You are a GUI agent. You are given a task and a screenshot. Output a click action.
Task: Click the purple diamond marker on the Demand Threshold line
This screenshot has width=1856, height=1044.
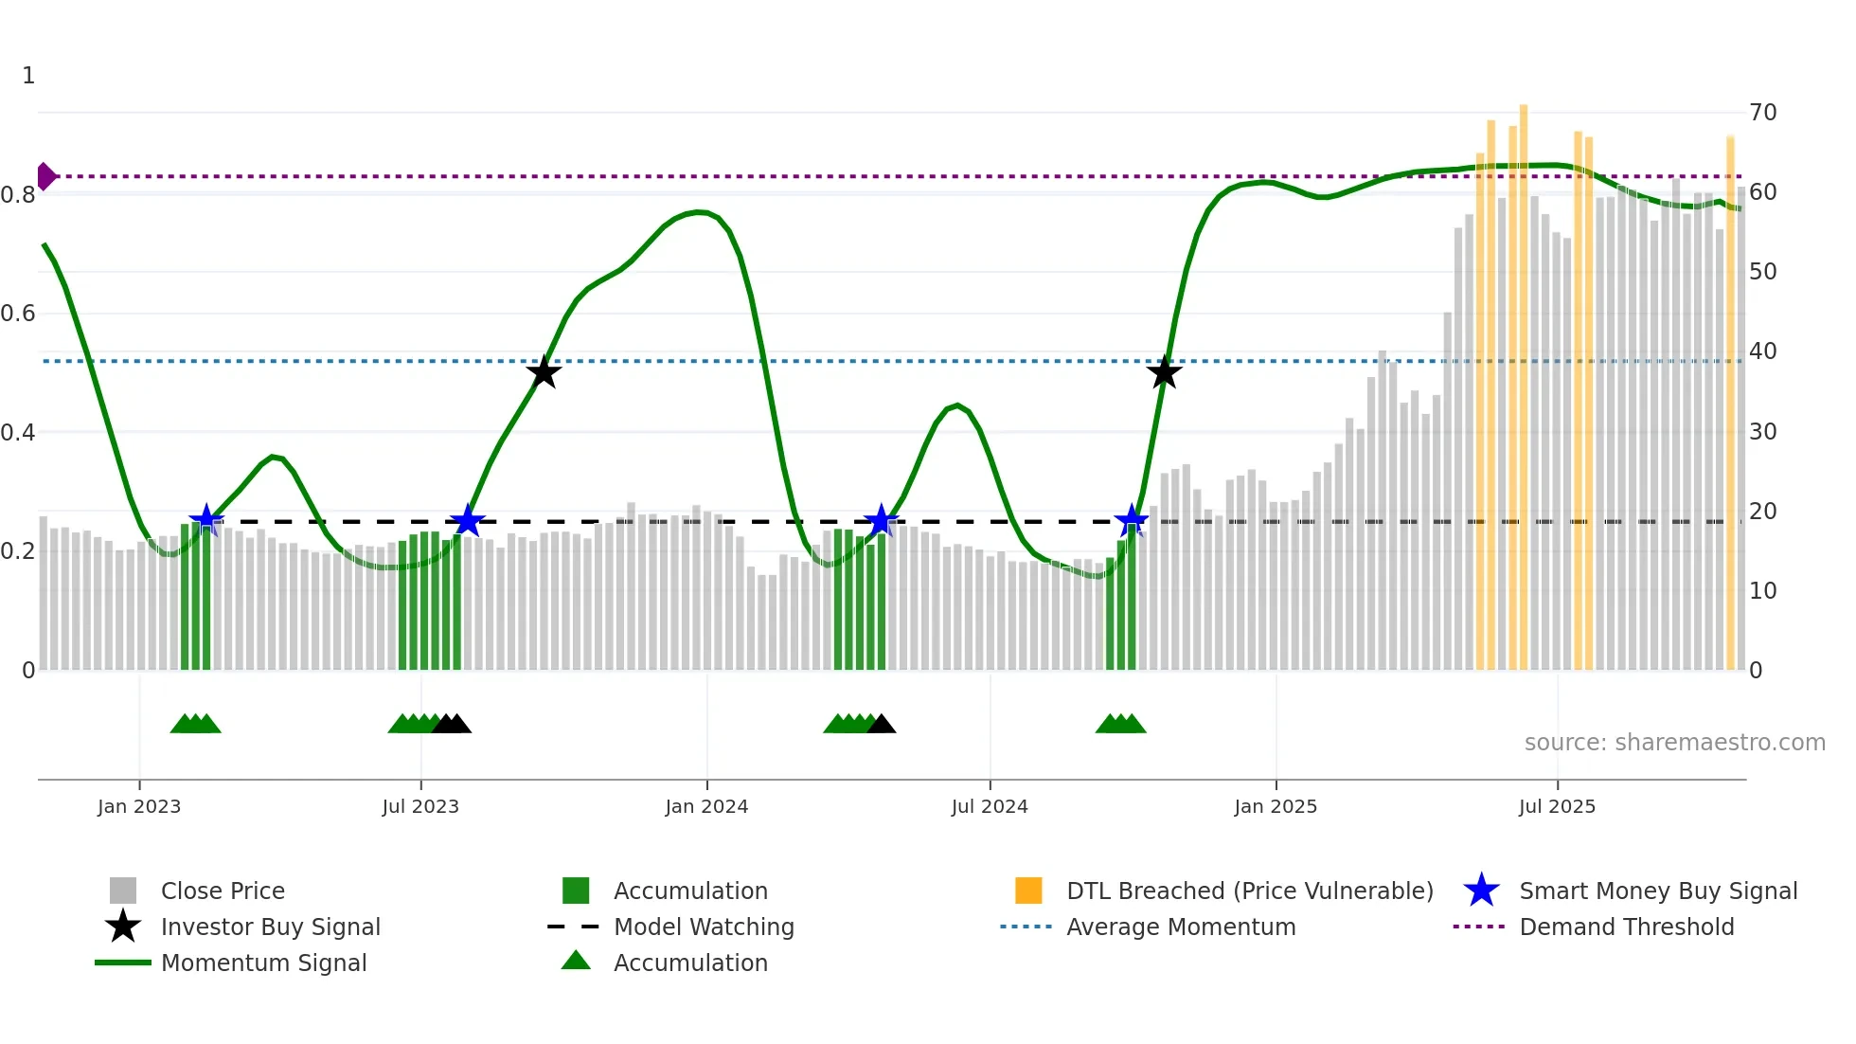(x=45, y=176)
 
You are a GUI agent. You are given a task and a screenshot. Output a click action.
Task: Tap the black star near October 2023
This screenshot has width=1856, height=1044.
(x=544, y=372)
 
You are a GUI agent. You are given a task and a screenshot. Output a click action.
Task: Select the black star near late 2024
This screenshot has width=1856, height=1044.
(x=1165, y=372)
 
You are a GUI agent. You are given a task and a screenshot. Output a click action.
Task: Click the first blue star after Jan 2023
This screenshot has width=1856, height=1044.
(x=206, y=520)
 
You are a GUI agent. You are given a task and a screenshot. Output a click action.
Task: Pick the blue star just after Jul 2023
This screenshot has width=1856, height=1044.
(x=467, y=520)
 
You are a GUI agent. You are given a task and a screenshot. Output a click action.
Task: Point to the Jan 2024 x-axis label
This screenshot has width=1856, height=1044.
(x=706, y=806)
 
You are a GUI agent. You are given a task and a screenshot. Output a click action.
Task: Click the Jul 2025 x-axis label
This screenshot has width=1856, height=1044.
(x=1557, y=806)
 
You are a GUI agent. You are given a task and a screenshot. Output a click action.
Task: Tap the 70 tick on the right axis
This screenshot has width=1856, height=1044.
(x=1762, y=112)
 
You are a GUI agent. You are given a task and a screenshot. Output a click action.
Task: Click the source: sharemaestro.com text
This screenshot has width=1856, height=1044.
(x=1674, y=742)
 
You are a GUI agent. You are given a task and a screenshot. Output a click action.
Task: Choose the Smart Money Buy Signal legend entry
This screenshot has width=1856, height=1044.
(x=1657, y=891)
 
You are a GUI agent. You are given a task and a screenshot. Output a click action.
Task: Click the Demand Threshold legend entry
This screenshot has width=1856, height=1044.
(x=1626, y=927)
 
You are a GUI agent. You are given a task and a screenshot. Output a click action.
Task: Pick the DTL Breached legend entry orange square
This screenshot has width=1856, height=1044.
(x=1028, y=891)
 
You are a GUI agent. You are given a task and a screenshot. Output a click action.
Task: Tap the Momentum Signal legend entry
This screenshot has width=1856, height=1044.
(x=263, y=963)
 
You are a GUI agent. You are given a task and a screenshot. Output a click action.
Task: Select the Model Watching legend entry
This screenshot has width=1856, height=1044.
(x=703, y=927)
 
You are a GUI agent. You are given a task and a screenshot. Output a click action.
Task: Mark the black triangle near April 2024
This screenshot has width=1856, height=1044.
(x=882, y=725)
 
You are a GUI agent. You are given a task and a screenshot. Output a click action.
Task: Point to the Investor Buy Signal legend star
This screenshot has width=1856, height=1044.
(x=123, y=927)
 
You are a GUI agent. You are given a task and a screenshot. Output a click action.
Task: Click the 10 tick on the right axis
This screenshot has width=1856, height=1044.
(x=1762, y=590)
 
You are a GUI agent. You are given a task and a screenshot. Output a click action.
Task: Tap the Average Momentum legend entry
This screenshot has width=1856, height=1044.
(x=1180, y=927)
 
